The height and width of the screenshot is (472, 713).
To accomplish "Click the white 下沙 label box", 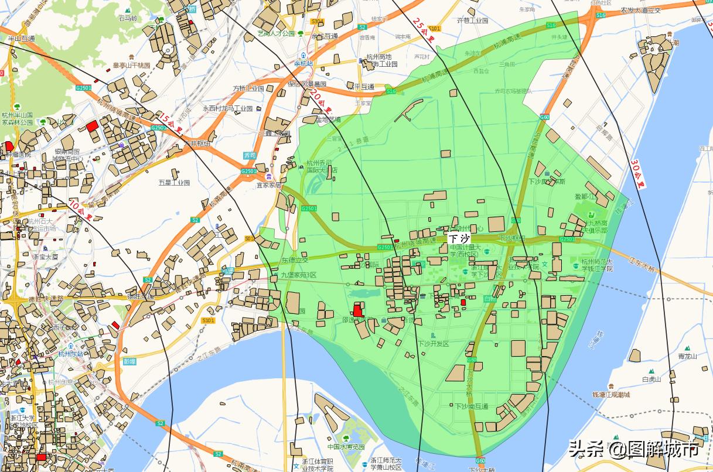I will [459, 238].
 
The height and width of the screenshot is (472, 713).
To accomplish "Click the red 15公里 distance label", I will [168, 122].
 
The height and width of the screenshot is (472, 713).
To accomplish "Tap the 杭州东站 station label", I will [73, 354].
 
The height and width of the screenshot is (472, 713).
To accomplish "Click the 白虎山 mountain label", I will [651, 379].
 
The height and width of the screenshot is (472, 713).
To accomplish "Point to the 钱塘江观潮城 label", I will [611, 395].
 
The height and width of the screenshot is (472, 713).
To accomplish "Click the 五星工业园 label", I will [174, 183].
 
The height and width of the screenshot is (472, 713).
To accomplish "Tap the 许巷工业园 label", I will [472, 20].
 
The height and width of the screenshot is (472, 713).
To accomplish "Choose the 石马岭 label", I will [127, 18].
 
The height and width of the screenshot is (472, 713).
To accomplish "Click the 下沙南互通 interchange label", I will [471, 406].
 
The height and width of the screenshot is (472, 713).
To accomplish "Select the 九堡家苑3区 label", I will [298, 275].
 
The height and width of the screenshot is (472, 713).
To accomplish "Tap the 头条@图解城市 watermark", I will [633, 450].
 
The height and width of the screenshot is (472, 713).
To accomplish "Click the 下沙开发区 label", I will [433, 344].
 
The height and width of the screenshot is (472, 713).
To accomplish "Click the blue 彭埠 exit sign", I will [129, 361].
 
